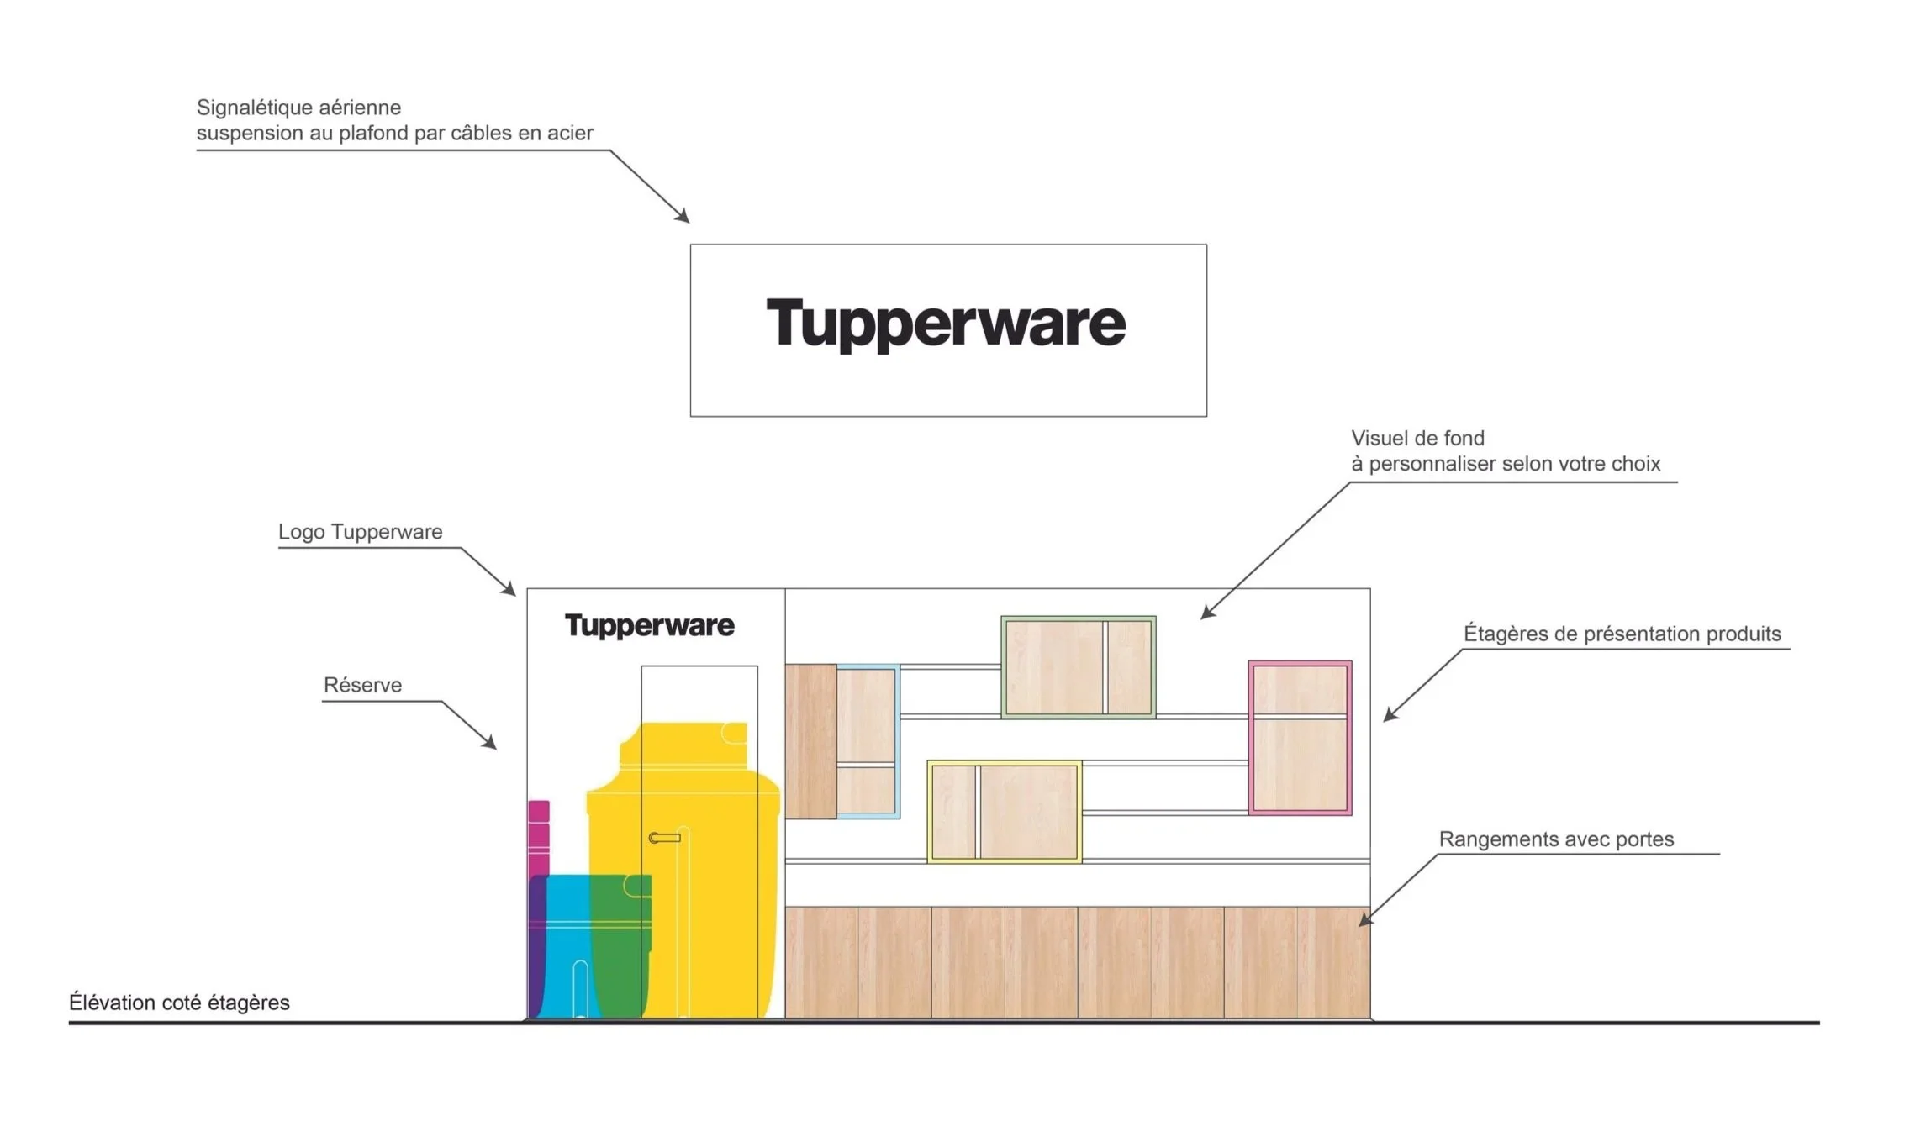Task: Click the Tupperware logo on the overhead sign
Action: point(946,324)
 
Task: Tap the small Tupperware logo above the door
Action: point(649,625)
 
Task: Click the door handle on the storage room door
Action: point(664,838)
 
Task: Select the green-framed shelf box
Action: point(1078,667)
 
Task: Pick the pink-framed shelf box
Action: point(1300,738)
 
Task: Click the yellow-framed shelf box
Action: point(1004,812)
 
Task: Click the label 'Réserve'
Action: point(362,685)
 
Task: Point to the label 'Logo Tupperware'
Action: point(360,532)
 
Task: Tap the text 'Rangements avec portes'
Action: point(1556,839)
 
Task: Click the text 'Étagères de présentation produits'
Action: point(1622,634)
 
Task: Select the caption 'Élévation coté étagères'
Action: point(179,1003)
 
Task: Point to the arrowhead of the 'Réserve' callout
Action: point(492,745)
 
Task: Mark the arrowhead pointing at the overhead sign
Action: point(684,218)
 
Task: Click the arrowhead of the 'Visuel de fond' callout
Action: point(1206,614)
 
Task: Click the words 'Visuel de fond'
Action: point(1417,438)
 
